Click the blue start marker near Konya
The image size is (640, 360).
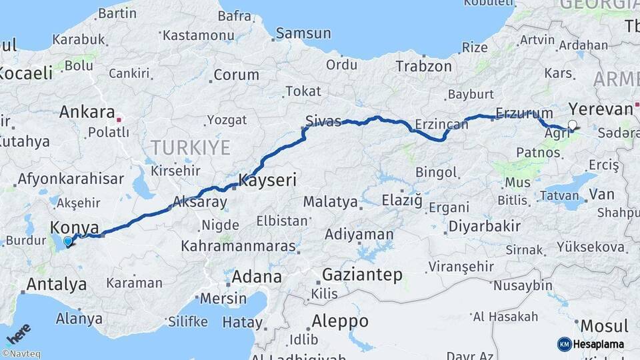coord(68,241)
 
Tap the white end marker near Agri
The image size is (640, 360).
coord(572,124)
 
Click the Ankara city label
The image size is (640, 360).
coord(87,112)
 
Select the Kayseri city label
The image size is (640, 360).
coord(267,180)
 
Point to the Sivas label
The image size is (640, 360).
coord(323,121)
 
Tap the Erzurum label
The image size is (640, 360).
coord(525,113)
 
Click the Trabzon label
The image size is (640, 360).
coord(423,66)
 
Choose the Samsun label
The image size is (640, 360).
coord(303,33)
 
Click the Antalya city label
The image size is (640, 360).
coord(56,285)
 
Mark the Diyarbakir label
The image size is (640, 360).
coord(484,226)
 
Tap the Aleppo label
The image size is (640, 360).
coord(340,321)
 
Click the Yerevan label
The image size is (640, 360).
coord(600,109)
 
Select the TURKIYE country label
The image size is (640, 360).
coord(190,147)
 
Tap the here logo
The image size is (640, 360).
coord(18,333)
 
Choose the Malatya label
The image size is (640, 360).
coord(329,201)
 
